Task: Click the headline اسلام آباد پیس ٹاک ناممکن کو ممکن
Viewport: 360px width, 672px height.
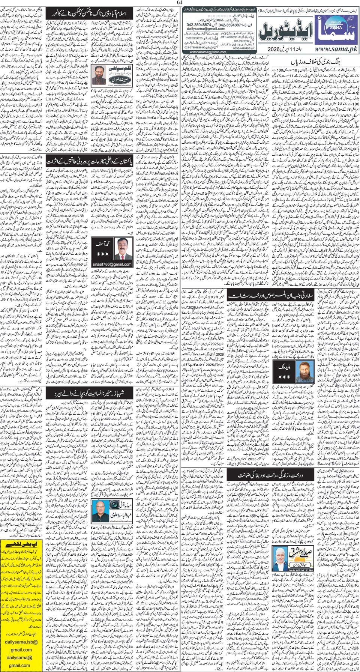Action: pos(91,14)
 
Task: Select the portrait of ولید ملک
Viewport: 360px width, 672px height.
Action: pos(306,371)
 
